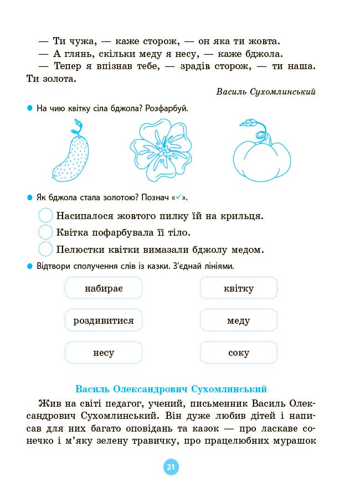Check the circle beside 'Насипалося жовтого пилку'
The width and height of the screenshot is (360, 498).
tap(46, 216)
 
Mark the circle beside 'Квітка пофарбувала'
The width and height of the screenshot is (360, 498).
tap(46, 232)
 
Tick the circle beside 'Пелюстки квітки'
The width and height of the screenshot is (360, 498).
tap(46, 249)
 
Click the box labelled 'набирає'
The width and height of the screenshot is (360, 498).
tap(104, 288)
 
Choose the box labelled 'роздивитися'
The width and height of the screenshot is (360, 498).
tap(104, 320)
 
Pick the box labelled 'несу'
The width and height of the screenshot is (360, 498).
tap(104, 352)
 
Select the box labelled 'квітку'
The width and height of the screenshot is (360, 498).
tap(239, 288)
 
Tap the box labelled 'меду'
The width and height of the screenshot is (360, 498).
tap(239, 320)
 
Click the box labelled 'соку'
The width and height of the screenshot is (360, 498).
tap(239, 352)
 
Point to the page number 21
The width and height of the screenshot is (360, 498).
tap(171, 468)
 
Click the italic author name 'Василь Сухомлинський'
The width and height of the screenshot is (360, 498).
tap(266, 92)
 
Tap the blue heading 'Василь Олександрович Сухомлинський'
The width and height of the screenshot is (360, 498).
tap(172, 388)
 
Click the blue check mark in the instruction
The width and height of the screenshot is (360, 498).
tap(178, 198)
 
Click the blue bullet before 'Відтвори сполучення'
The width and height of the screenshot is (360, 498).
tap(30, 266)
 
